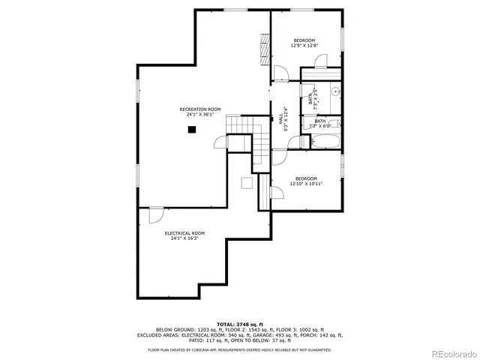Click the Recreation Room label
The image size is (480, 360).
[x=200, y=109]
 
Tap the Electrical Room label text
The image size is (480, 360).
[x=184, y=233]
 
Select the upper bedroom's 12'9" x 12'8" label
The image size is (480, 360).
[x=304, y=46]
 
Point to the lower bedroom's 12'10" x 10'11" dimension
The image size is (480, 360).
[x=306, y=184]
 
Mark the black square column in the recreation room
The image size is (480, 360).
[x=192, y=130]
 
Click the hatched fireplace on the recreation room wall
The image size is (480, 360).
[x=263, y=49]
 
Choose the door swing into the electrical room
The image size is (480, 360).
[x=156, y=215]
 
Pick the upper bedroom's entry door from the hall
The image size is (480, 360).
[x=280, y=73]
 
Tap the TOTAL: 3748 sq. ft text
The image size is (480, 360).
[x=240, y=323]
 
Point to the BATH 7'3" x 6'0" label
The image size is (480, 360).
[x=319, y=123]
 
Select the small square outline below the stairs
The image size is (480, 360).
[x=246, y=182]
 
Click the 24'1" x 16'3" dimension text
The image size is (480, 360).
[x=184, y=238]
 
